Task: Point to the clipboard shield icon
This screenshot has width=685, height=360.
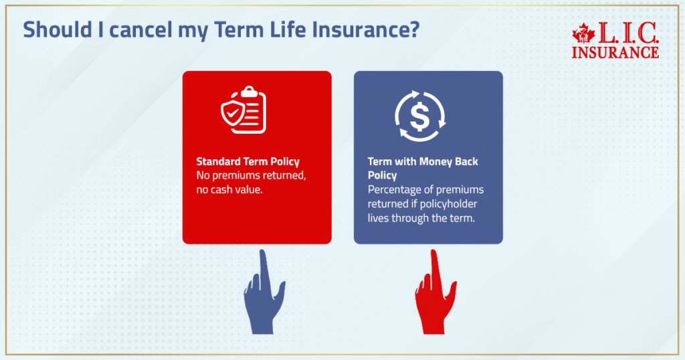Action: (x=243, y=109)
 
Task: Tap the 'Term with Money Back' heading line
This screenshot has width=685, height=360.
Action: (x=423, y=162)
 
